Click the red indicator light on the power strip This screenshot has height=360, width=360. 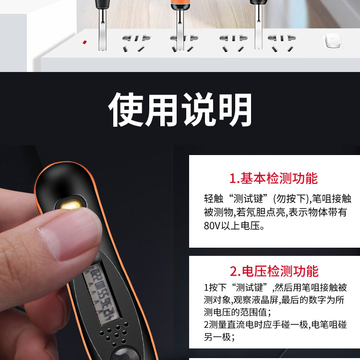click(x=84, y=42)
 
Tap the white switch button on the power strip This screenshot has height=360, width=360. click(x=332, y=41)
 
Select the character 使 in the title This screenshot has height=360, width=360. click(x=126, y=109)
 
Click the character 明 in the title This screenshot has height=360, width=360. click(x=235, y=109)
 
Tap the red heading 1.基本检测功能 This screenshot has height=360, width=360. click(x=274, y=178)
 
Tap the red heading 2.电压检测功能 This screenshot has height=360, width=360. click(x=274, y=271)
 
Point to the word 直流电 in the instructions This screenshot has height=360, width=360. click(x=239, y=324)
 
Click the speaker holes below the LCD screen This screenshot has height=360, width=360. click(x=114, y=334)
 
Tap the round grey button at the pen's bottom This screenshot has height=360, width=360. click(x=126, y=355)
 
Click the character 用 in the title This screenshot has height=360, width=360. click(x=162, y=109)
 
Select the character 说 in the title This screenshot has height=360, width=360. click(x=199, y=109)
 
